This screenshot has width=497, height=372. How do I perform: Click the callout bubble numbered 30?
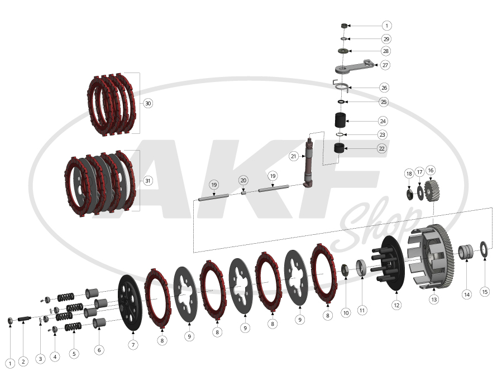coord(148,103)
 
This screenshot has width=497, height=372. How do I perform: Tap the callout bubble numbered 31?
coord(147,181)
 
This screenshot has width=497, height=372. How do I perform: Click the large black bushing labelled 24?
coord(341,120)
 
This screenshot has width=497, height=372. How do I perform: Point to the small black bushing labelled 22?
coord(340,148)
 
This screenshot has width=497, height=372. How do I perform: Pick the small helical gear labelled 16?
coord(432,191)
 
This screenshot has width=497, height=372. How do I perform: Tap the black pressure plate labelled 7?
coord(130,303)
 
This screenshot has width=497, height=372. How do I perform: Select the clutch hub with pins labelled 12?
coord(389,263)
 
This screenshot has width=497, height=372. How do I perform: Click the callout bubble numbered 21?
coord(294,156)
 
